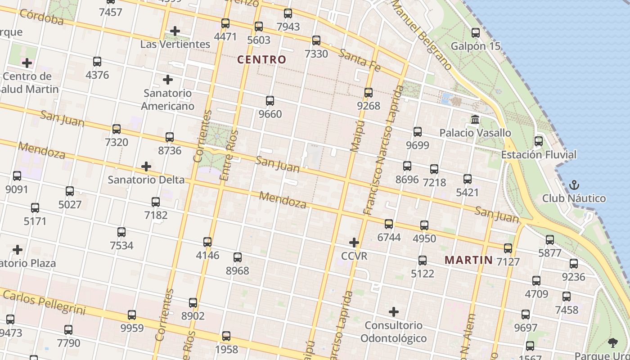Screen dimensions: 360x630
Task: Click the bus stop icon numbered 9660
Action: [270, 101]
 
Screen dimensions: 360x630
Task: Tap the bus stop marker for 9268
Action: [369, 93]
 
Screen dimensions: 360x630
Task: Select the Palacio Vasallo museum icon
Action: [475, 120]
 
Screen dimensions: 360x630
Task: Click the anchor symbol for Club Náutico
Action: [574, 185]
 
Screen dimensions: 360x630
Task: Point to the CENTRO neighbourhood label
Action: [261, 59]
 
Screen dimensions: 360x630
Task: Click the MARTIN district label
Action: [469, 260]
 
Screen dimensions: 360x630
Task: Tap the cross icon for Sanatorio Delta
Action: [146, 166]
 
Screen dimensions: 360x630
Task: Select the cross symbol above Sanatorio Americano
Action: [168, 80]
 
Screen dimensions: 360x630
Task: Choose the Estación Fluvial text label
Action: [539, 155]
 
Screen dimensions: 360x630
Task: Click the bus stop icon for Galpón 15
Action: [476, 33]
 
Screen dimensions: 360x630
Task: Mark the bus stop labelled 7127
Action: [508, 248]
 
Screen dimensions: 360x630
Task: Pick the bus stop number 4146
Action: [207, 242]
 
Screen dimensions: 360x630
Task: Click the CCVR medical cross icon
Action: [354, 243]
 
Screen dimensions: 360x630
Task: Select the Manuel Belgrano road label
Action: [422, 36]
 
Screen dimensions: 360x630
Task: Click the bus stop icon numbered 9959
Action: [132, 315]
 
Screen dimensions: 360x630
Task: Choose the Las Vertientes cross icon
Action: [175, 31]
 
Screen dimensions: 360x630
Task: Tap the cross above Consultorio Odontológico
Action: [394, 312]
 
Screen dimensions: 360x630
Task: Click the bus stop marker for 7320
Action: [117, 129]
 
